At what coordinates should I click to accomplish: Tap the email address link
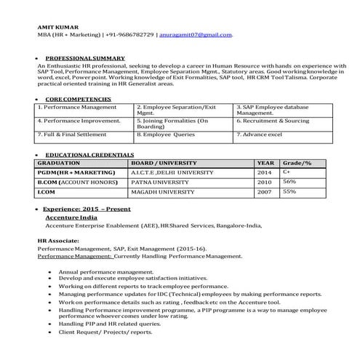[197, 34]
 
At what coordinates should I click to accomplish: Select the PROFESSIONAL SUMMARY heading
[84, 57]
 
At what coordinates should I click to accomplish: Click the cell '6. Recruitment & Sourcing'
[273, 121]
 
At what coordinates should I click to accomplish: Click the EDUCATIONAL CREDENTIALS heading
[89, 155]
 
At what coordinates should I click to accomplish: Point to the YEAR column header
[265, 163]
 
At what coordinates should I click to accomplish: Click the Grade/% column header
[297, 163]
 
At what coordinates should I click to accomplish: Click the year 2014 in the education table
[264, 172]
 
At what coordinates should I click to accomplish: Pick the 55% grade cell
[289, 191]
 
